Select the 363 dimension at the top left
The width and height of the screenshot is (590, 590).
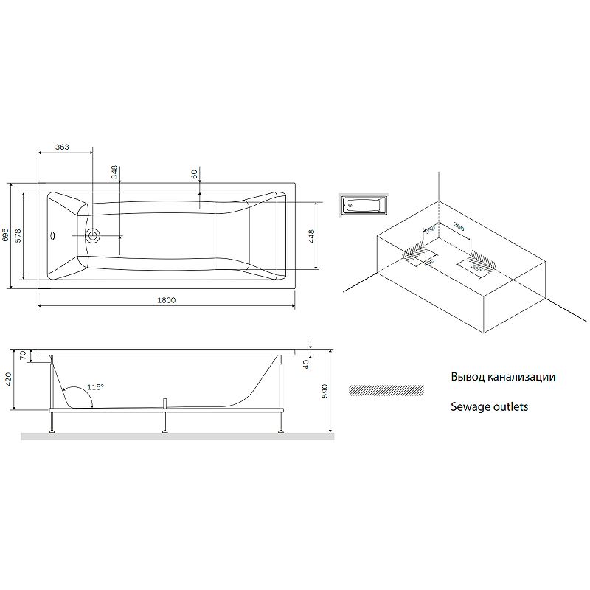tap(62, 147)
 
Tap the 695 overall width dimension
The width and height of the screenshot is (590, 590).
tap(6, 235)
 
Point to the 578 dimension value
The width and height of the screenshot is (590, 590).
tap(18, 235)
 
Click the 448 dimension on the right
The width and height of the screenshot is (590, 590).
tap(312, 236)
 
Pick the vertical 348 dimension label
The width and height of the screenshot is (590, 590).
tap(114, 173)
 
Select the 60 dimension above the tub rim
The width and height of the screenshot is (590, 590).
tap(194, 174)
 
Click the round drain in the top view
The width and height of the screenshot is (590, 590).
tap(93, 236)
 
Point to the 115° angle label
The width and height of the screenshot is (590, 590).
tap(95, 387)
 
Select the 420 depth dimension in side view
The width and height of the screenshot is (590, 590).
tap(8, 380)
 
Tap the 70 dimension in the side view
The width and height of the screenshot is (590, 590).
tap(22, 355)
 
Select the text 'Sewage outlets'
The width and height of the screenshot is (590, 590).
tap(489, 406)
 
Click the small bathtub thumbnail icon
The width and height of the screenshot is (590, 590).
tap(363, 204)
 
